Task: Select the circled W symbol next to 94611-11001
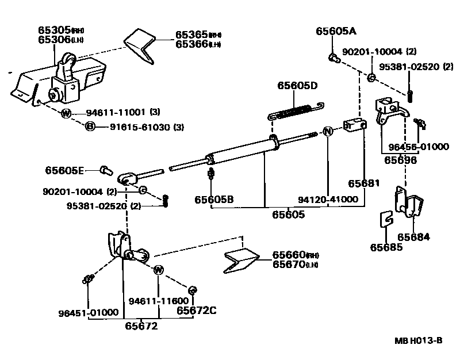point(66,113)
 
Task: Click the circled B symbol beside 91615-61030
point(90,127)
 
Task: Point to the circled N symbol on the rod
point(327,131)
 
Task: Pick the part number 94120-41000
point(328,200)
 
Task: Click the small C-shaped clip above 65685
point(387,219)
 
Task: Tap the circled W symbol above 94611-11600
point(158,270)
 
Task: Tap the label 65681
point(364,183)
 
